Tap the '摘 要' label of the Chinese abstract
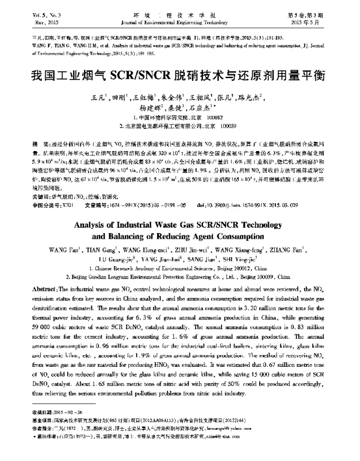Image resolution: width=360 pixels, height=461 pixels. [40, 146]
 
